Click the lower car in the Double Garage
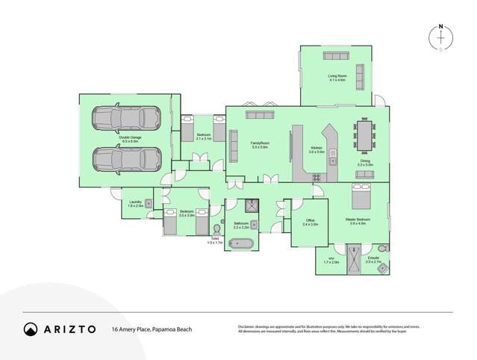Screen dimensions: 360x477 pyautogui.click(x=126, y=158)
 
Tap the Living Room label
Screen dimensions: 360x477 pyautogui.click(x=338, y=77)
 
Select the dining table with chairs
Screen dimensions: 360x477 pyautogui.click(x=366, y=136)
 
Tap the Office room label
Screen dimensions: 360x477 pyautogui.click(x=311, y=222)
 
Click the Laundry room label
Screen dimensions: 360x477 pyautogui.click(x=135, y=203)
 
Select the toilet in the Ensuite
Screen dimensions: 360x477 pyautogui.click(x=382, y=248)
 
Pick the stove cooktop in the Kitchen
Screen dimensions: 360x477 pyautogui.click(x=316, y=177)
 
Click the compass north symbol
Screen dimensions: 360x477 pyautogui.click(x=440, y=38)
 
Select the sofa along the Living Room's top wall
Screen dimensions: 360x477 pyautogui.click(x=335, y=56)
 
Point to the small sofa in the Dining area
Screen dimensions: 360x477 pyautogui.click(x=364, y=174)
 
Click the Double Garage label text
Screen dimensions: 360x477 pyautogui.click(x=129, y=137)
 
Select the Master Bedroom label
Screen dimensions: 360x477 pyautogui.click(x=358, y=220)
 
